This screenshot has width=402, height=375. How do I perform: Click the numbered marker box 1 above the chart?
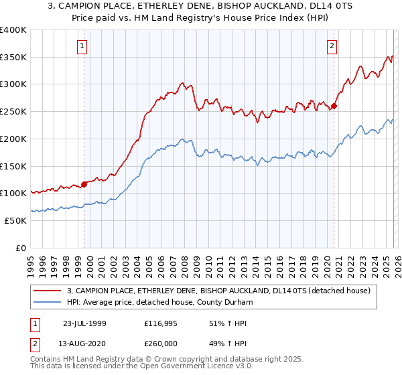point(82,46)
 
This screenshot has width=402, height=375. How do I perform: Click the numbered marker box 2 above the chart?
point(332,46)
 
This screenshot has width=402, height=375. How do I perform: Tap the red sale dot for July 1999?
point(84,183)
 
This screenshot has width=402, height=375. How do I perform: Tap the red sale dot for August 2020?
point(334,106)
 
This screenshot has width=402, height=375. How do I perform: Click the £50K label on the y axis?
point(16,220)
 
